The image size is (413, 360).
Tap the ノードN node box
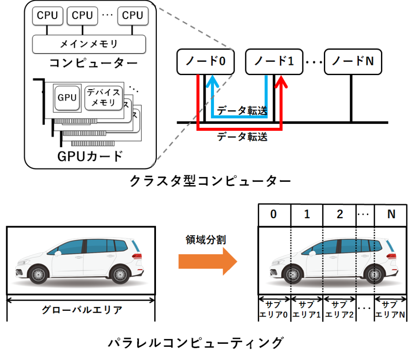click(x=352, y=61)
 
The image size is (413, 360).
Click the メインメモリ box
click(x=89, y=43)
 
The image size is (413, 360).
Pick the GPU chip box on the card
click(x=67, y=98)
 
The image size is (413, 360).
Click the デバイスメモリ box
click(x=104, y=98)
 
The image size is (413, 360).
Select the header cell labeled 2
click(x=339, y=215)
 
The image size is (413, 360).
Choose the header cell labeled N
click(x=391, y=215)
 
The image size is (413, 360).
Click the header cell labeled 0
click(x=274, y=215)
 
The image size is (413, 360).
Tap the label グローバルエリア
click(x=81, y=310)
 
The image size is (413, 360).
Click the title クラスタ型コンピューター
click(x=210, y=181)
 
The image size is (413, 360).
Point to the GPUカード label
click(x=90, y=156)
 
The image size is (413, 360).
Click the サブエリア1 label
click(x=306, y=310)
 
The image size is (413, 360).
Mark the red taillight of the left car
click(x=138, y=256)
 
